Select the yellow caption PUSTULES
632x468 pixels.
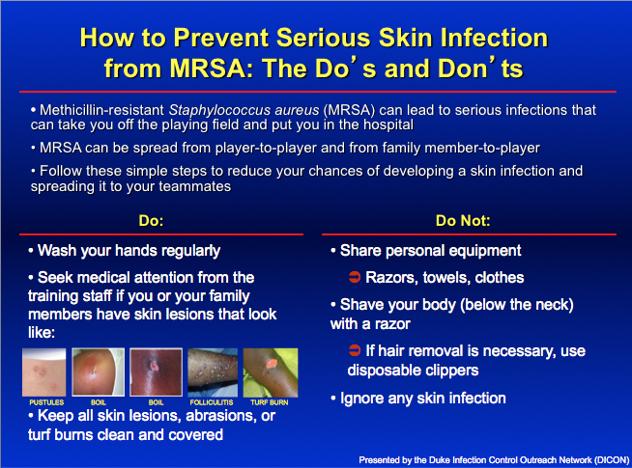45,398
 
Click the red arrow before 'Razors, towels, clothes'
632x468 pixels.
355,278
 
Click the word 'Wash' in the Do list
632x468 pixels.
58,251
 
